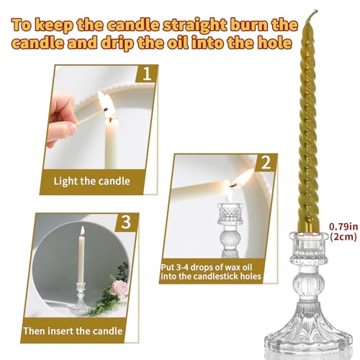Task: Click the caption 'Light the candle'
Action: pyautogui.click(x=91, y=180)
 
